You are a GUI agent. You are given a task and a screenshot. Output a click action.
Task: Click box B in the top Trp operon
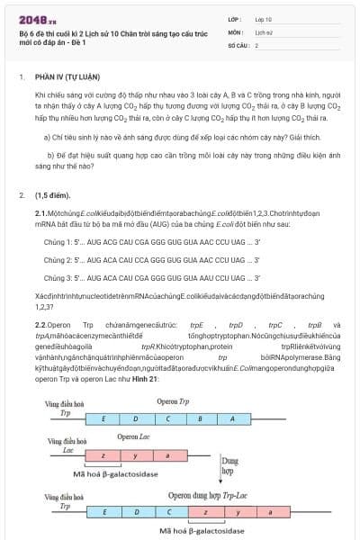point(201,419)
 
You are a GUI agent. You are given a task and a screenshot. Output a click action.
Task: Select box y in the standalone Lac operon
point(135,455)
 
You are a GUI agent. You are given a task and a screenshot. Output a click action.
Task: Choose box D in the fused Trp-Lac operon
point(135,511)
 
